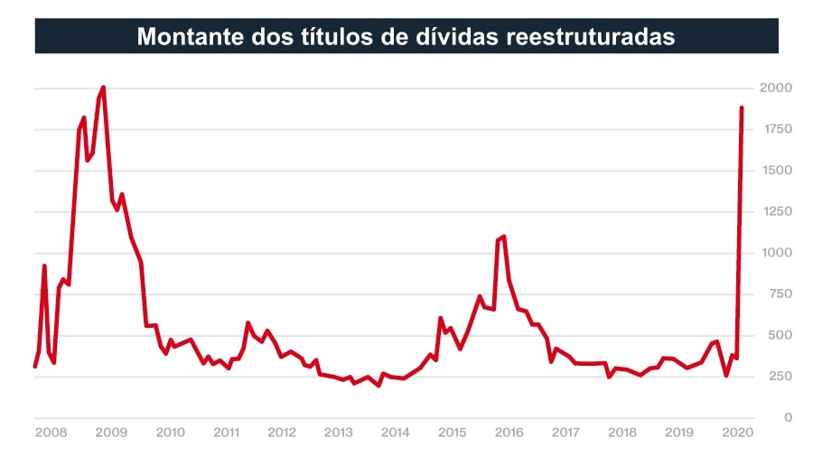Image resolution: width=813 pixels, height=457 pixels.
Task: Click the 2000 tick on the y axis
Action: click(776, 89)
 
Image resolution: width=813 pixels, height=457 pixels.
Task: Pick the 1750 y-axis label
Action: click(776, 129)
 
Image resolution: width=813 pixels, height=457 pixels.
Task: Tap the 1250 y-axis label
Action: click(776, 211)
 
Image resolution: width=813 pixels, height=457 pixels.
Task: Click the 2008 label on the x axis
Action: click(51, 433)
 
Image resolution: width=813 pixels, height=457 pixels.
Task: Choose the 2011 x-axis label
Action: click(226, 433)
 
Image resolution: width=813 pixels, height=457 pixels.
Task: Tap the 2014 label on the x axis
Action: click(395, 433)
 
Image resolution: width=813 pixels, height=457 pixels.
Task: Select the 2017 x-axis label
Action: click(565, 433)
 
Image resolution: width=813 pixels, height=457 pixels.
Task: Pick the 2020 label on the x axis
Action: click(737, 433)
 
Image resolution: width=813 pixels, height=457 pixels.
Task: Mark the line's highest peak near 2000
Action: click(103, 88)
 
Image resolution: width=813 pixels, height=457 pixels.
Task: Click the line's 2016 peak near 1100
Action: click(503, 237)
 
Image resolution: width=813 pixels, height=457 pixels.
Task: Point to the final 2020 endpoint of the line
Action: click(742, 107)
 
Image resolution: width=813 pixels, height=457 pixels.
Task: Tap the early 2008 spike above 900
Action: click(44, 266)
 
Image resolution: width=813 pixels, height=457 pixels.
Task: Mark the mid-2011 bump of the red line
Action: click(248, 322)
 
